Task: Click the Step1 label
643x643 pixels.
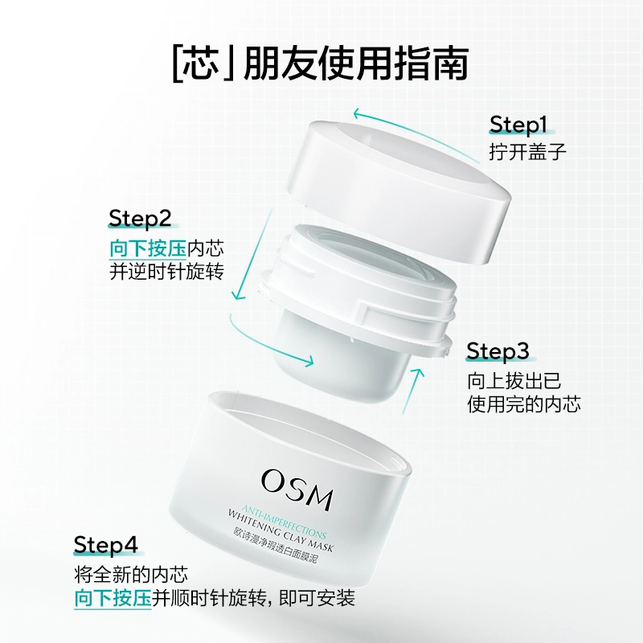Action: pyautogui.click(x=518, y=125)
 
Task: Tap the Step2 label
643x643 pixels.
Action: pyautogui.click(x=140, y=218)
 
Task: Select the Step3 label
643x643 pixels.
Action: pyautogui.click(x=498, y=351)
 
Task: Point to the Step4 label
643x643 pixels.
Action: pyautogui.click(x=105, y=545)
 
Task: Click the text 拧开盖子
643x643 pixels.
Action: pyautogui.click(x=527, y=152)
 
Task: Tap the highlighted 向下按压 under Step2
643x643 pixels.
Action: pyautogui.click(x=148, y=248)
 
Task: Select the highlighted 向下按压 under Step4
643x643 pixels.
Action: pyautogui.click(x=113, y=598)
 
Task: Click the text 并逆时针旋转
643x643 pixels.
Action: pyautogui.click(x=166, y=272)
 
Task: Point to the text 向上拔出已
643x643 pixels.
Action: pyautogui.click(x=514, y=381)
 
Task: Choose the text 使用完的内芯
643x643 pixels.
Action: pyautogui.click(x=524, y=404)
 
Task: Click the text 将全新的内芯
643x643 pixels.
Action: pyautogui.click(x=131, y=575)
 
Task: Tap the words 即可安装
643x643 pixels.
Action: pyautogui.click(x=317, y=598)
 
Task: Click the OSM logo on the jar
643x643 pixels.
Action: pyautogui.click(x=297, y=489)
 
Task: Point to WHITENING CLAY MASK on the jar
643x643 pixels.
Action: pyautogui.click(x=281, y=530)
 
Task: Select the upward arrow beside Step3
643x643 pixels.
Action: pyautogui.click(x=412, y=391)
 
